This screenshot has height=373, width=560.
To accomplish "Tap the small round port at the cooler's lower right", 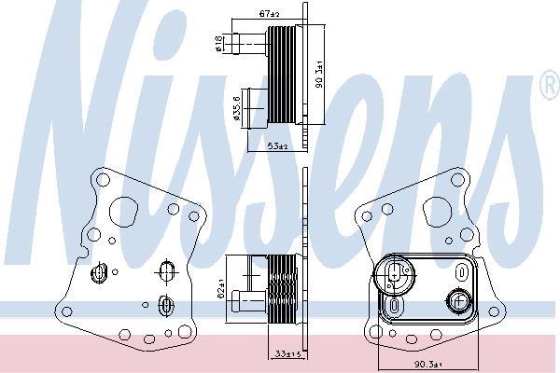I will (457, 300).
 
